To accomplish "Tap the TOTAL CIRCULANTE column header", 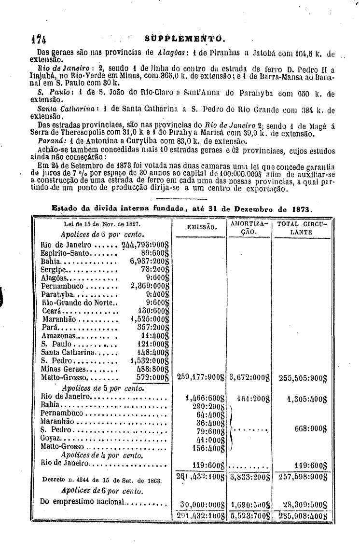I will tap(302, 228).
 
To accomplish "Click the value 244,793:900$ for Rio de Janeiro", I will tap(145, 245).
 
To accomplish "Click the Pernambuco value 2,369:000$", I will tap(149, 286).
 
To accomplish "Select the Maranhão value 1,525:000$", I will tap(149, 318).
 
